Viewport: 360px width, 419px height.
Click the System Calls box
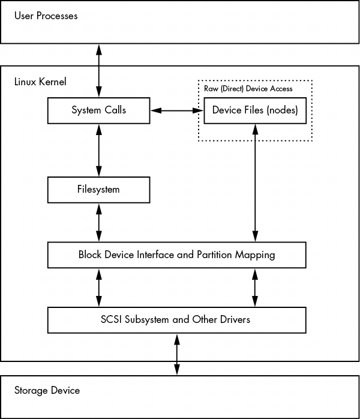(x=98, y=110)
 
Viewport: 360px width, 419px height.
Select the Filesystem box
(x=98, y=190)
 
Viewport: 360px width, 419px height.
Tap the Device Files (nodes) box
(x=255, y=110)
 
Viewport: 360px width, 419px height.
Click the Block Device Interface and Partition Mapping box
(x=176, y=255)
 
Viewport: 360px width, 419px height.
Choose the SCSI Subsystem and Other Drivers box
(x=176, y=319)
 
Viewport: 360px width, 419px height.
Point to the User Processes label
(x=46, y=16)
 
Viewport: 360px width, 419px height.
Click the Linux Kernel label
(x=40, y=81)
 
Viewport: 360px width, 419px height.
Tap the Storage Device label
(x=47, y=390)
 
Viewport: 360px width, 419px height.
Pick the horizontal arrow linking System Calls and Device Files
(x=177, y=110)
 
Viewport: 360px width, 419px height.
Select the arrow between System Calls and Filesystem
(x=98, y=150)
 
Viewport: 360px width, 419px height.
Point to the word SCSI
(x=113, y=319)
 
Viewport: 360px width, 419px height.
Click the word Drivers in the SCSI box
(x=235, y=319)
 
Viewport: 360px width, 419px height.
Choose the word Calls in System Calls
(x=115, y=110)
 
